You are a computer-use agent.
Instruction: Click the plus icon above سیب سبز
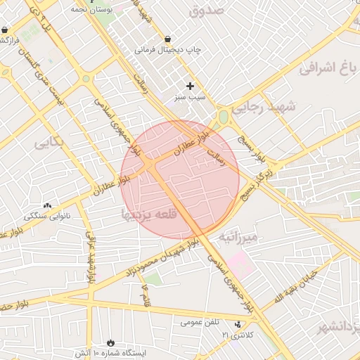point(190,86)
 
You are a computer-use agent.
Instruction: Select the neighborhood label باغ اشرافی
point(329,68)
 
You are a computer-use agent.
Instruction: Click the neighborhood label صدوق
point(206,11)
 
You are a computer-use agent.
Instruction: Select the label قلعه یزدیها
point(146,212)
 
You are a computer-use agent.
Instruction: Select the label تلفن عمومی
point(200,323)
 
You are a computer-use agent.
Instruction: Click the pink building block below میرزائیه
point(237,265)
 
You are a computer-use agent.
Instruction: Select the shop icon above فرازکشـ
point(6,31)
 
